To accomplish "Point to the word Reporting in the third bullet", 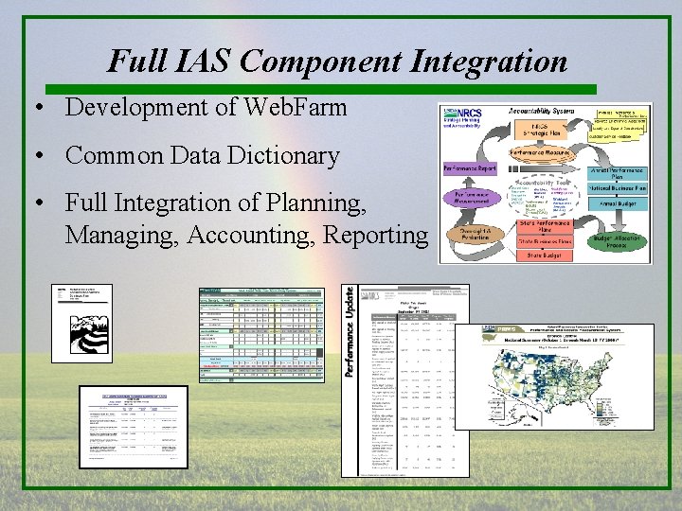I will pyautogui.click(x=376, y=234).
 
